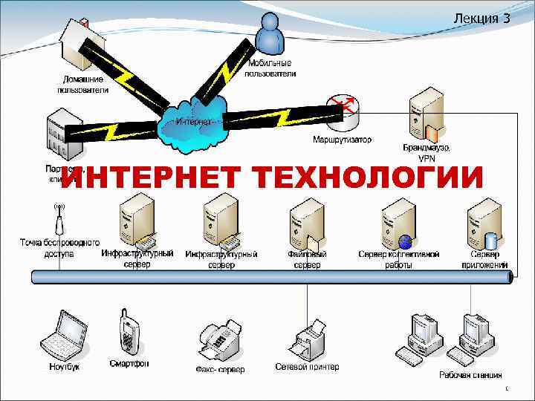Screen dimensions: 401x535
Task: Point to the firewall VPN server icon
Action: point(424,119)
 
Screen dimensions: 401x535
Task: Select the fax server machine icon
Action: point(221,338)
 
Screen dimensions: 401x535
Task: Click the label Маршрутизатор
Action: point(342,140)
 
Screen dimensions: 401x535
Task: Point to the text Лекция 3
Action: point(481,18)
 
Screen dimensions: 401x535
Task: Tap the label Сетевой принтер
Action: point(307,367)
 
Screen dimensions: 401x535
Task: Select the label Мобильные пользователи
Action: point(270,68)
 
